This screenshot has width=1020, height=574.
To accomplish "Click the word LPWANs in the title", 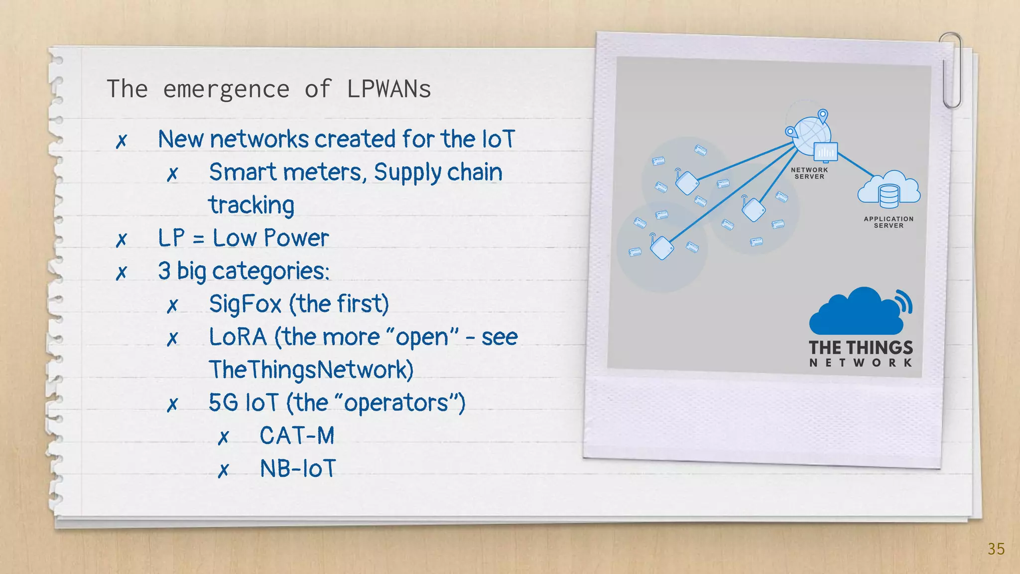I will click(x=388, y=89).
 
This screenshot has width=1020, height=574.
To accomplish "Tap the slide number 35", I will click(x=996, y=549).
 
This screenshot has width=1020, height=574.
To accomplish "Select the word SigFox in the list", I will click(x=245, y=304).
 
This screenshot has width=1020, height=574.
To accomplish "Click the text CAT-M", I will click(x=297, y=435).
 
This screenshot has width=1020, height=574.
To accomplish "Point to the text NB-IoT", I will click(x=298, y=468).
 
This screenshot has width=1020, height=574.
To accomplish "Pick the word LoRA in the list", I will click(x=238, y=337).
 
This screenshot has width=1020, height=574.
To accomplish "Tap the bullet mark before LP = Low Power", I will click(x=122, y=240).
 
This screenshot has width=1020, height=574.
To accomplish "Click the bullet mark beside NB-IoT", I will click(x=224, y=470).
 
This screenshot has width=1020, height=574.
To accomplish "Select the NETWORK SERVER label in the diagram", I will click(x=809, y=173).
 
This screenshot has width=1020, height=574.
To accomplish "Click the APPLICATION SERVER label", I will click(x=889, y=222).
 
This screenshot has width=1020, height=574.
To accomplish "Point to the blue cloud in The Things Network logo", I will click(x=857, y=313).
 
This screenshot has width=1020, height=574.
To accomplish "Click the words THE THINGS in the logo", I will click(x=861, y=347).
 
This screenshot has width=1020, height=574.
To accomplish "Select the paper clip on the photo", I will click(x=951, y=70).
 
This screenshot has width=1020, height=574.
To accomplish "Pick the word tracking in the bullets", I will click(x=252, y=205).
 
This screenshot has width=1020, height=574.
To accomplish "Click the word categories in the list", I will click(x=270, y=272).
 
